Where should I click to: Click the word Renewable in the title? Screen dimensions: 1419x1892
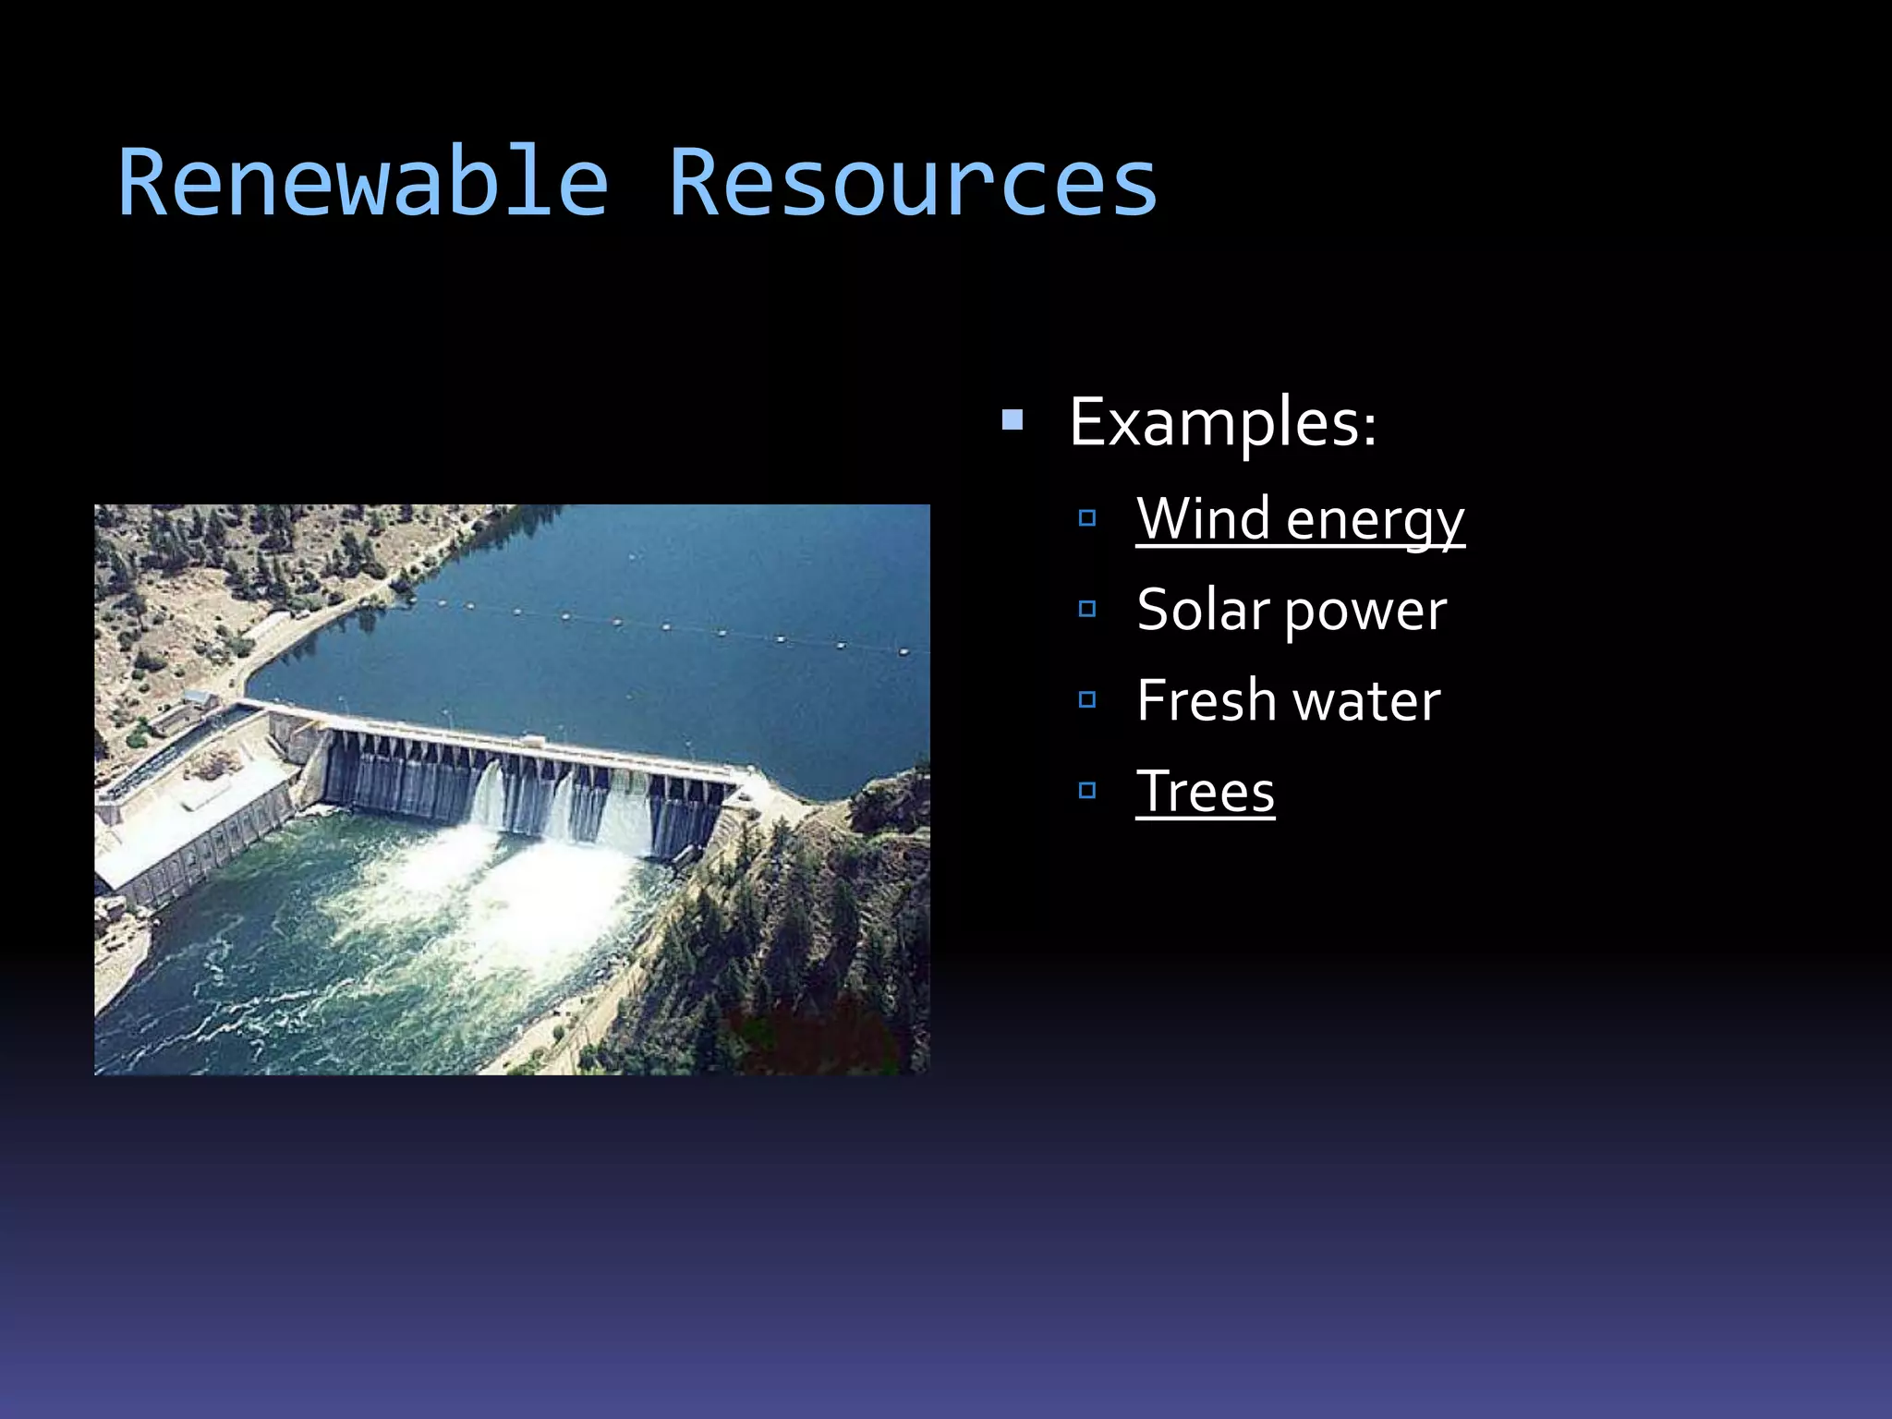coord(363,183)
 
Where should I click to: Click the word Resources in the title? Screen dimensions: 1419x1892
coord(912,183)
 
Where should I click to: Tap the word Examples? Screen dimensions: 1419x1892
coord(1221,423)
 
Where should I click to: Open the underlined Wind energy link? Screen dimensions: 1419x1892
coord(1299,519)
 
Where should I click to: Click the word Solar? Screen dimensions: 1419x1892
coord(1203,611)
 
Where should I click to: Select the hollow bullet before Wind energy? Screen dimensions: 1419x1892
coord(1087,518)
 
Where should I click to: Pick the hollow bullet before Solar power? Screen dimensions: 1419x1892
coord(1087,609)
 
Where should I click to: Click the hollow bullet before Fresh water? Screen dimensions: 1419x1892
coord(1087,699)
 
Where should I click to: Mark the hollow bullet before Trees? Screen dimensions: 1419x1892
coord(1087,790)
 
